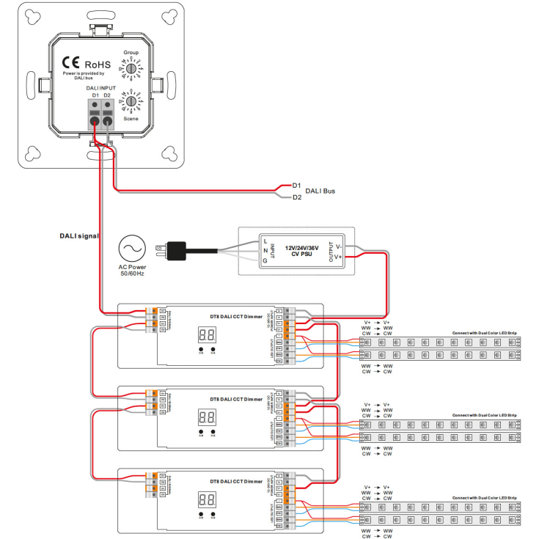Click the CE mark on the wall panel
pyautogui.click(x=70, y=64)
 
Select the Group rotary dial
pyautogui.click(x=131, y=68)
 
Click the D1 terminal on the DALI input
pyautogui.click(x=95, y=120)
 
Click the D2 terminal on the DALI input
pyautogui.click(x=108, y=120)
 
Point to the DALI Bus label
pyautogui.click(x=320, y=191)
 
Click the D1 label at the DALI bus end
pyautogui.click(x=297, y=186)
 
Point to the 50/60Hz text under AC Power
pyautogui.click(x=132, y=274)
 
